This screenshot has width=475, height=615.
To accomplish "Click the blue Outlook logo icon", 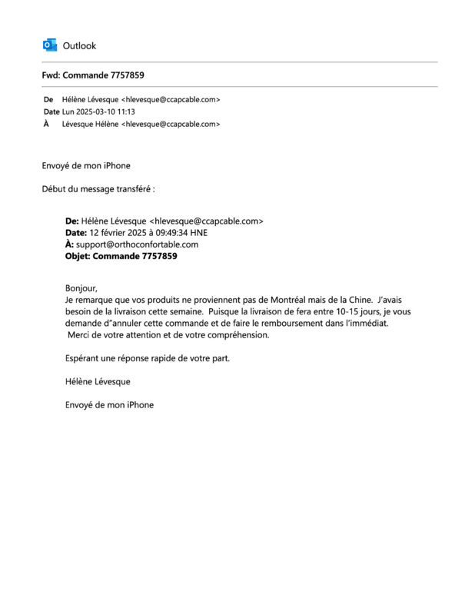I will [x=50, y=45].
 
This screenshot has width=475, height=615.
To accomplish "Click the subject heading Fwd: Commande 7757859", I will [x=93, y=75].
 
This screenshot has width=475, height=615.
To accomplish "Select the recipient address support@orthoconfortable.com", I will [x=137, y=244].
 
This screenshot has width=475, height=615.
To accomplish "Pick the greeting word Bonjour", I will [x=81, y=288].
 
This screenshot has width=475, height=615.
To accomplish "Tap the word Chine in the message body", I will [x=356, y=300].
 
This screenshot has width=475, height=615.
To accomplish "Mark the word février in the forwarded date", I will [x=116, y=233].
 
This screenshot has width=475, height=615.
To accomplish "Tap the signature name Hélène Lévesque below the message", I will [x=98, y=381].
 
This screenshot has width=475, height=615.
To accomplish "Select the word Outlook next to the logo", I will [x=79, y=46].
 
